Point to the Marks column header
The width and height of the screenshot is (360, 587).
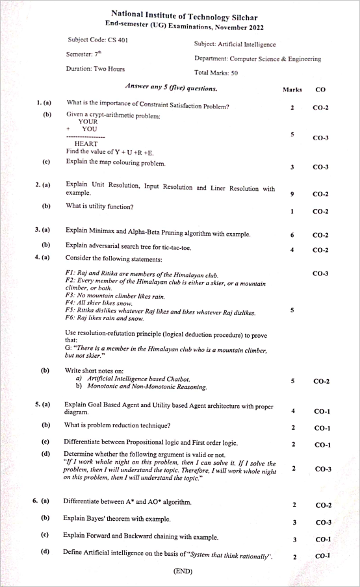292,89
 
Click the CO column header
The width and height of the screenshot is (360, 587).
320,89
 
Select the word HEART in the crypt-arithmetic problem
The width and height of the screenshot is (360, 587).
86,144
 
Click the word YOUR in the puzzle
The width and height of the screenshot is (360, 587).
88,121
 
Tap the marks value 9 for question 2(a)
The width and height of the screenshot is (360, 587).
292,194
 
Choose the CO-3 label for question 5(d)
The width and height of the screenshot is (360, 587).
322,468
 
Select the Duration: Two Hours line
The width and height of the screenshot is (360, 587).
96,69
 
